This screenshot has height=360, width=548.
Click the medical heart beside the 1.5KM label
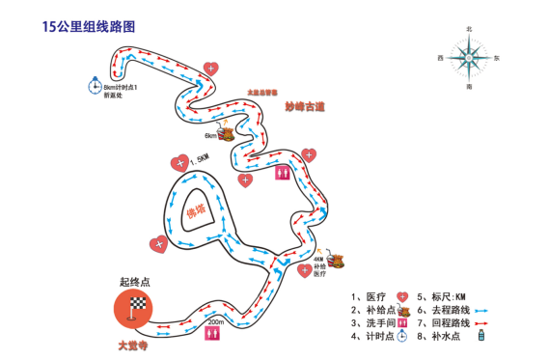pos(178,162)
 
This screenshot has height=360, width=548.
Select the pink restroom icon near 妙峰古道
pos(283,173)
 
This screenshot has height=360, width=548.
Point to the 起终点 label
pos(134,283)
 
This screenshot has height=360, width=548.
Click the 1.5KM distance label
pos(200,158)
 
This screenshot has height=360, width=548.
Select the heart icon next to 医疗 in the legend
pos(403,296)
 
